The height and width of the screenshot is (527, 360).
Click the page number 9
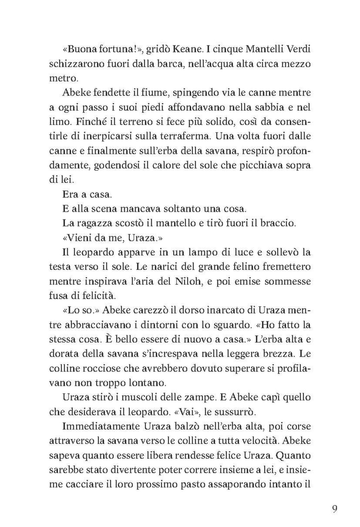334,509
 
